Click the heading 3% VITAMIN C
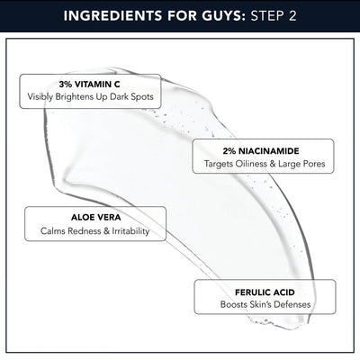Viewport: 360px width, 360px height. pyautogui.click(x=88, y=84)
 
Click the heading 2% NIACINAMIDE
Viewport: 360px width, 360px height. pyautogui.click(x=264, y=152)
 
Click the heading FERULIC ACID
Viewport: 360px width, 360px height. pyautogui.click(x=264, y=292)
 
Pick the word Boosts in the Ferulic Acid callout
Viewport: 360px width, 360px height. pyautogui.click(x=235, y=305)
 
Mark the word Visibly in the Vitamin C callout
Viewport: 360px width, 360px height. pyautogui.click(x=40, y=96)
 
